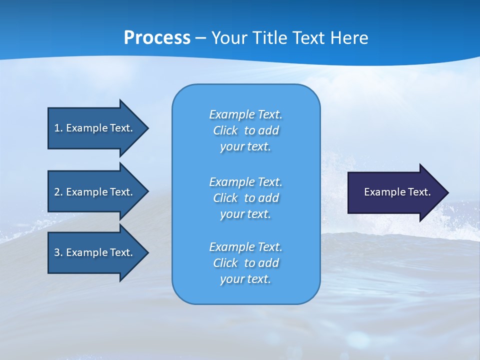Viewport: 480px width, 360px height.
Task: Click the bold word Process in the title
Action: click(x=157, y=38)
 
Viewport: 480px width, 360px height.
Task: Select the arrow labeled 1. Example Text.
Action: click(x=95, y=128)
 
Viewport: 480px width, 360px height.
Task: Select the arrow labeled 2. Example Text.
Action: click(x=95, y=192)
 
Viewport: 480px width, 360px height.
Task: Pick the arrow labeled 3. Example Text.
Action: click(x=95, y=252)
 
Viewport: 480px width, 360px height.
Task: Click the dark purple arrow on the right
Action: click(x=395, y=192)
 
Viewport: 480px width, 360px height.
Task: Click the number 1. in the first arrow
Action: click(x=58, y=128)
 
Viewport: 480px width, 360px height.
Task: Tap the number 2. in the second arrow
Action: click(x=58, y=192)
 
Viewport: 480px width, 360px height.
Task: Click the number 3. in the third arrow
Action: click(x=58, y=252)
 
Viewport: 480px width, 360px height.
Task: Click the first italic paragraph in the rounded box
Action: click(x=245, y=130)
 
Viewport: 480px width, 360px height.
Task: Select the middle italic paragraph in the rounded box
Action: click(x=245, y=198)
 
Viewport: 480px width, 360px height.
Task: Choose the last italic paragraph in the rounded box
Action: click(x=245, y=263)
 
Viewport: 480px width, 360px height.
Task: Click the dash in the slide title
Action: click(x=200, y=38)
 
